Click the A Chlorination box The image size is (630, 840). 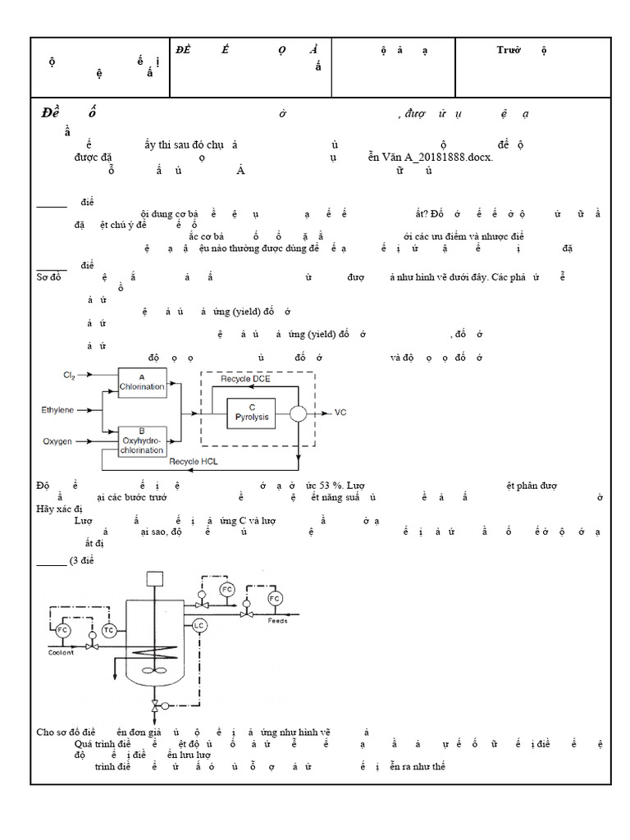(x=142, y=382)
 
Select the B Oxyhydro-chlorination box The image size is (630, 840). (x=142, y=441)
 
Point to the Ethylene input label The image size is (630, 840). (x=57, y=408)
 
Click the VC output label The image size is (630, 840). (x=341, y=413)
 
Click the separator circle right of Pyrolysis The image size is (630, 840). (x=298, y=413)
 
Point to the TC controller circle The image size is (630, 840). (x=109, y=629)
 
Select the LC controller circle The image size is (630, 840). (x=199, y=626)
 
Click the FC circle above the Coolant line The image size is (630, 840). (x=62, y=630)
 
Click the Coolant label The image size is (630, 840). (x=61, y=653)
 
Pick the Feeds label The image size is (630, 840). (x=277, y=621)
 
